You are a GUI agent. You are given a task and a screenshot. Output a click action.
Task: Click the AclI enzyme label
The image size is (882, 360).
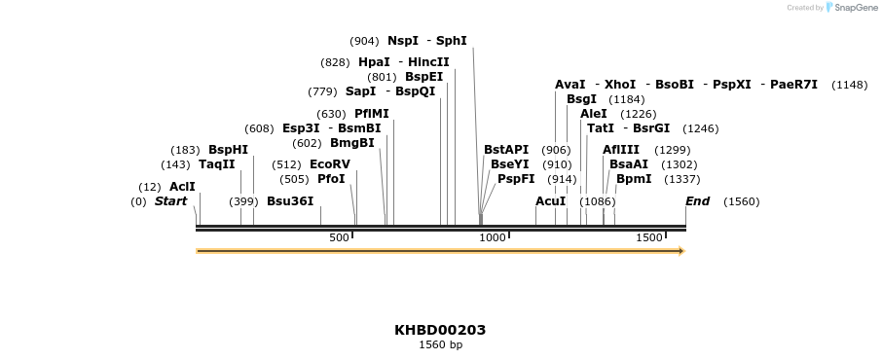[182, 187]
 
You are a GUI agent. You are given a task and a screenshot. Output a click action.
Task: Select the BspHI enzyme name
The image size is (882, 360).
[228, 150]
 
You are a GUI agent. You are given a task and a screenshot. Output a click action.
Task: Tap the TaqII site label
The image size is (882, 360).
[217, 164]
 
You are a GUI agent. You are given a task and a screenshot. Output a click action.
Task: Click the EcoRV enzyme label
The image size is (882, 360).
[330, 164]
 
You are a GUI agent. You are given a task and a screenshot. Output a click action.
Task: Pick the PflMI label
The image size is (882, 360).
[372, 114]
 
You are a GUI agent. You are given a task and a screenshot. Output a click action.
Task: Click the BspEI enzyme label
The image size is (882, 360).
[423, 77]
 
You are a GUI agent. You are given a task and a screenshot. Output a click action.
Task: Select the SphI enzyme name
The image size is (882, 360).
[452, 41]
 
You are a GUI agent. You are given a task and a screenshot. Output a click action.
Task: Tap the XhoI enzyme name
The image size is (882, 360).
[620, 85]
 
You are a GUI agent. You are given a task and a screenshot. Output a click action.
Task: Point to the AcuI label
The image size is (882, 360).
[551, 201]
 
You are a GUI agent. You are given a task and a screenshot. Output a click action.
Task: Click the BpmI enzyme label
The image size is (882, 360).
[634, 179]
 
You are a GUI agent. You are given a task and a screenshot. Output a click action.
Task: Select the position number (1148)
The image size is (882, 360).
[849, 85]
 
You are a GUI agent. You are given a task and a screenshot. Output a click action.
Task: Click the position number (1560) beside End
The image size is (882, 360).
[741, 201]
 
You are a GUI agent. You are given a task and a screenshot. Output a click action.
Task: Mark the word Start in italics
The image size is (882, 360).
[171, 201]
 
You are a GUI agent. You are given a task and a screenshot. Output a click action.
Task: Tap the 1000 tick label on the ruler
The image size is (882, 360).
[493, 237]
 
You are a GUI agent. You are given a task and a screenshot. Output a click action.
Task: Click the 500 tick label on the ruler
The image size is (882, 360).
[339, 237]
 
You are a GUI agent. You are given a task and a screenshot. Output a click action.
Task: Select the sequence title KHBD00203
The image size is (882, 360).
[440, 330]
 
